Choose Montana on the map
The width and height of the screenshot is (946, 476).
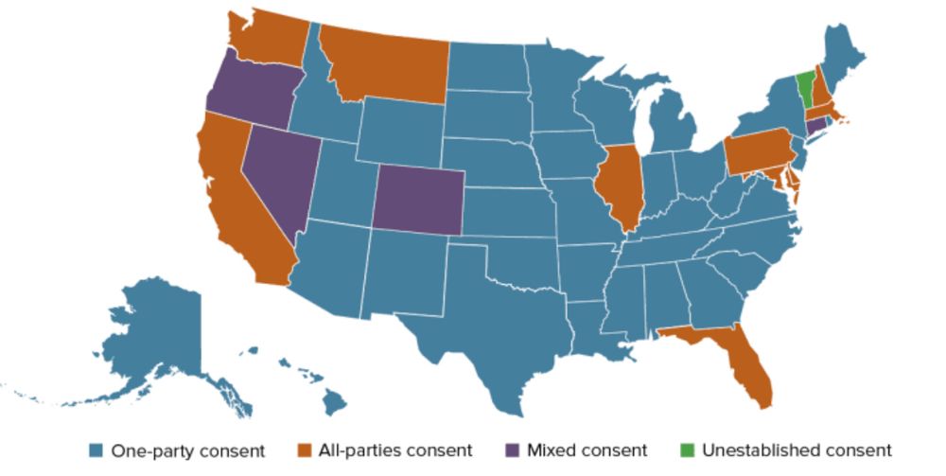click(388, 62)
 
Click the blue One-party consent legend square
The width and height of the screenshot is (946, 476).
click(96, 450)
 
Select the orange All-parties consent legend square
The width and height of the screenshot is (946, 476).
click(306, 450)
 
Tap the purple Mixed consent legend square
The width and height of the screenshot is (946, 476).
click(513, 450)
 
